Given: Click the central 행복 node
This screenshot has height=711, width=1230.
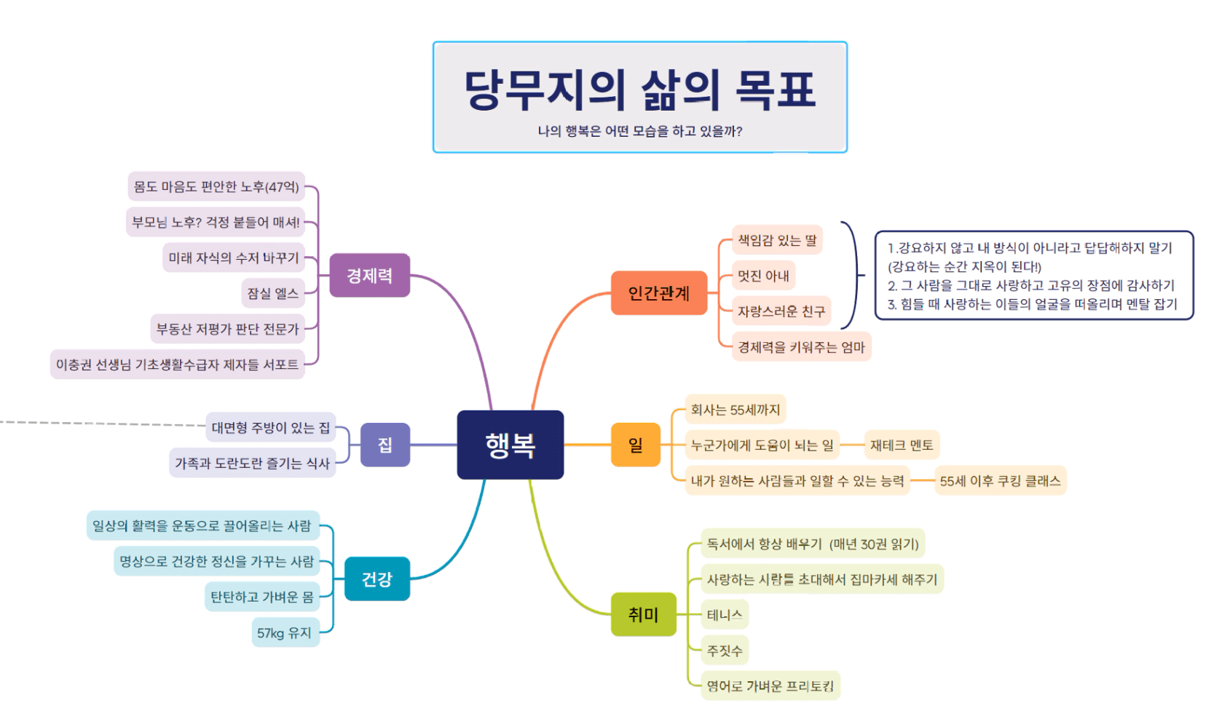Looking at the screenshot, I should click(x=510, y=445).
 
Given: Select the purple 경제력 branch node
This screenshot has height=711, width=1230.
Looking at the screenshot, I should click(x=369, y=276).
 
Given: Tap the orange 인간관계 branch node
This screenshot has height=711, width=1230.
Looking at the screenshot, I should click(x=658, y=293).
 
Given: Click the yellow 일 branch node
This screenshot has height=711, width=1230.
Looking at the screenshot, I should click(x=635, y=445).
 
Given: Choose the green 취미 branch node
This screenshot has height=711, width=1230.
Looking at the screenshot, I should click(x=643, y=615).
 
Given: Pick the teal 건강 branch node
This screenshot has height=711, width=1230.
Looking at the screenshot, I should click(x=377, y=579).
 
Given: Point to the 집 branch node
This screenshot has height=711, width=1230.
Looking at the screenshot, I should click(x=385, y=445).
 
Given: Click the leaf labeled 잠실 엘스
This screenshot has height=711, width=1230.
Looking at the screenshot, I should click(x=272, y=293).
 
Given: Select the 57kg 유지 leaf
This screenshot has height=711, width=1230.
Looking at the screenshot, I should click(x=284, y=633).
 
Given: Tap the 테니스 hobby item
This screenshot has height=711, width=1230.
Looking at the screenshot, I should click(x=725, y=615).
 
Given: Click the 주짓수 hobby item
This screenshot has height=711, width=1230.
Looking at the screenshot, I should click(x=725, y=651).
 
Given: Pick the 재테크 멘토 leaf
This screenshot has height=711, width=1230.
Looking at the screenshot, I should click(x=901, y=445).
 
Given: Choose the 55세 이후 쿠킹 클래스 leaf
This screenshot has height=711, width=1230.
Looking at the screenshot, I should click(x=1000, y=481).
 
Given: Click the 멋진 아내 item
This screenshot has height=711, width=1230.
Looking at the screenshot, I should click(x=763, y=276).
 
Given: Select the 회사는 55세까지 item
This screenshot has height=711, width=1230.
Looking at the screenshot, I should click(x=735, y=410).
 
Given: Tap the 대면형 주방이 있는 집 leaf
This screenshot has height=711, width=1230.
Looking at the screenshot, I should click(x=270, y=428).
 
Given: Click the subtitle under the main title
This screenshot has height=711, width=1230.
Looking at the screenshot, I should click(x=639, y=131).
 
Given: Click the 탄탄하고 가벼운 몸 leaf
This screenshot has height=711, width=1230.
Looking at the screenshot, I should click(x=262, y=597).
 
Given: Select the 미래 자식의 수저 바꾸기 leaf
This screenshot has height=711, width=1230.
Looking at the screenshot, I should click(x=234, y=258).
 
